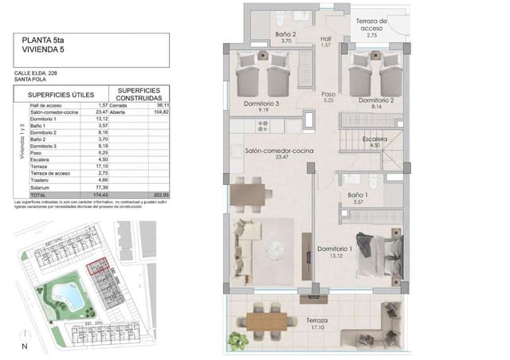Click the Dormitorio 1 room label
335,250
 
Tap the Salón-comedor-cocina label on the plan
268,151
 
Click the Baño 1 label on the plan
358,196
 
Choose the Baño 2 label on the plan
286,35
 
